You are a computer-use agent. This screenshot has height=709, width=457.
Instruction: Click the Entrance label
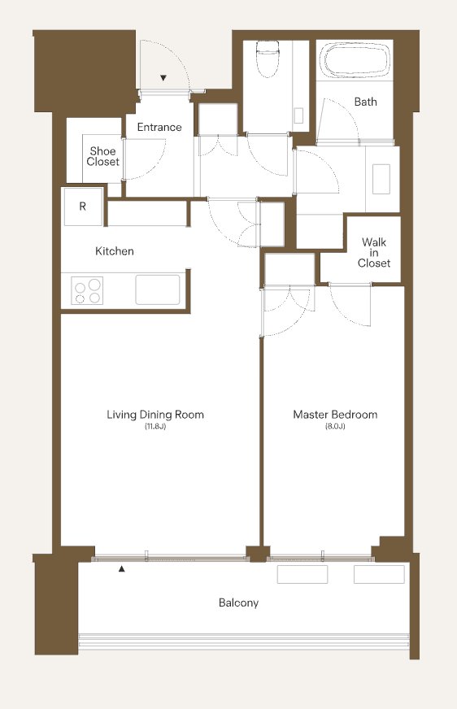pos(159,127)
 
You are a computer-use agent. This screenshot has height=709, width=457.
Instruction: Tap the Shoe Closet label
pos(103,156)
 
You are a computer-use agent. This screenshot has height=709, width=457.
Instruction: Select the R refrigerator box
pos(83,207)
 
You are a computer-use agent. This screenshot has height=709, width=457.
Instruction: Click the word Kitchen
pos(115,251)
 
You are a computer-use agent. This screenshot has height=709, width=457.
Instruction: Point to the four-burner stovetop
pos(87,291)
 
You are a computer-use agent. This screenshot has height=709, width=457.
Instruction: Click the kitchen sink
pos(157,289)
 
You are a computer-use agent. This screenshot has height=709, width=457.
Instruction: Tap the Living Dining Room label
pos(155,415)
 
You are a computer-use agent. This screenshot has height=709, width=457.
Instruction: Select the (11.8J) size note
pos(155,426)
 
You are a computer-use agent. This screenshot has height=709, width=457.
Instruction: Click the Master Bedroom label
pos(335,415)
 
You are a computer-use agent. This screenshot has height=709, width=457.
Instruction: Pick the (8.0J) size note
pos(335,426)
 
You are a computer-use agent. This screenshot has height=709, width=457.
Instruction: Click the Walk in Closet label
pos(374,252)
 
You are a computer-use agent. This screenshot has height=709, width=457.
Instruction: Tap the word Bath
pos(366,102)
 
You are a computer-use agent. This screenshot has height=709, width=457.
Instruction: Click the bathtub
pos(355,61)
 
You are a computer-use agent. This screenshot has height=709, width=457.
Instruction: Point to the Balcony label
pos(238,602)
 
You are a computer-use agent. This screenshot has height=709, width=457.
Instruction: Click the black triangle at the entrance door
pos(163,78)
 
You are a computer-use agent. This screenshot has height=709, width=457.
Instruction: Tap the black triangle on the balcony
pos(121,569)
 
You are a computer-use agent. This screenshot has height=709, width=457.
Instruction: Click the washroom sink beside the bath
pos(381,179)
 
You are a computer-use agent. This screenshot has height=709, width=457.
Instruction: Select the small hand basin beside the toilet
pos(298,115)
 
